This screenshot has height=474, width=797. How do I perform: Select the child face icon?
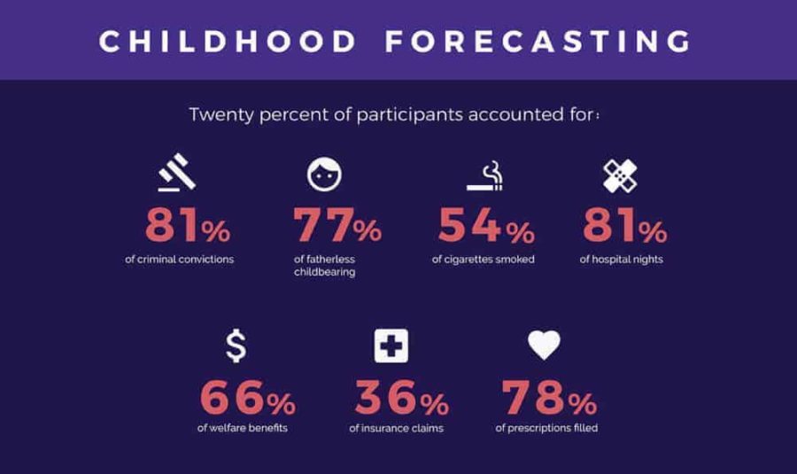click(323, 175)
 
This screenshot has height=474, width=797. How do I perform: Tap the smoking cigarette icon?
click(484, 176)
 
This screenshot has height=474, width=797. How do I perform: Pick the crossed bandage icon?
click(621, 175)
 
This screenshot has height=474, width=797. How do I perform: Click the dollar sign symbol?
click(236, 345)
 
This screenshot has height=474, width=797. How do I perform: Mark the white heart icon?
click(545, 344)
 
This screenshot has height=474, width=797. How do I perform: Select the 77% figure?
click(337, 226)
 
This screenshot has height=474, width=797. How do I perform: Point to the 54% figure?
click(486, 226)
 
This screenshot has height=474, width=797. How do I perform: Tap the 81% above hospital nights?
click(624, 226)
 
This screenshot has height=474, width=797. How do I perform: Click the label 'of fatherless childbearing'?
click(324, 266)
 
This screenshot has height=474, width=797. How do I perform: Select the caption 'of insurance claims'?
click(396, 429)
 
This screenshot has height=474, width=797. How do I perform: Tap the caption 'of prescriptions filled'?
click(546, 429)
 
